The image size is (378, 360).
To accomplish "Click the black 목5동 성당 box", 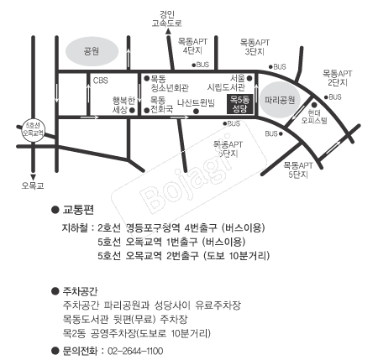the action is click(240, 104).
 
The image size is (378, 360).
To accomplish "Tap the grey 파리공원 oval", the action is click(280, 100).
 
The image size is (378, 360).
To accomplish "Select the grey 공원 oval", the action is click(92, 51).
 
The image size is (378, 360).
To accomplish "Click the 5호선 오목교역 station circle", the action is click(33, 129).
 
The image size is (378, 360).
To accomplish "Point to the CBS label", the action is click(100, 81).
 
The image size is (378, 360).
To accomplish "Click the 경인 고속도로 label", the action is click(167, 18).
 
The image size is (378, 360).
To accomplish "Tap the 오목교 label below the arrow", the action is click(33, 185).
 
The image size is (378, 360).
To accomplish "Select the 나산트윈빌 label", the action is click(196, 102).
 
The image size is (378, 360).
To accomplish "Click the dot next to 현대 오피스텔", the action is click(314, 105).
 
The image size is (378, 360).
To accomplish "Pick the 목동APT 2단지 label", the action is click(337, 78).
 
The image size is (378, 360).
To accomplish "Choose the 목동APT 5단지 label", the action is click(298, 170).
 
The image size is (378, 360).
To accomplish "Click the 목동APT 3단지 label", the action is click(255, 47).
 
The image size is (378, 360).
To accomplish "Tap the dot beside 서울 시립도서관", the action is click(249, 78).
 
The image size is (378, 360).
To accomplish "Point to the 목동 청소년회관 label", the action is click(170, 83).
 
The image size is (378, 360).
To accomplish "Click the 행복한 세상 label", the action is click(123, 105).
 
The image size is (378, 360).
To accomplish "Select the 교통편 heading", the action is click(78, 210).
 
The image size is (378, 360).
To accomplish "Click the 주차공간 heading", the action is click(80, 291).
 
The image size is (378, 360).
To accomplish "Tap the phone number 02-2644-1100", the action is click(135, 351).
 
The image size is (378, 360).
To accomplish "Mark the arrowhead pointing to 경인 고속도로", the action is click(168, 32).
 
